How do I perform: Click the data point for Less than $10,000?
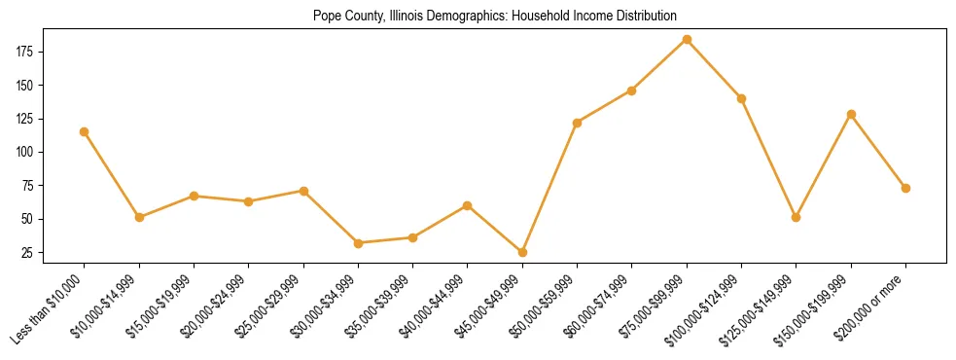point(84,131)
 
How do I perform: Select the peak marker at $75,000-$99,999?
point(687,39)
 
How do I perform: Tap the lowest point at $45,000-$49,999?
point(522,252)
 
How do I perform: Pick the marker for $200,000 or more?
point(905,188)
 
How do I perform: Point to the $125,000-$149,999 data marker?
point(797,217)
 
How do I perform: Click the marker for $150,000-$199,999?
point(851,114)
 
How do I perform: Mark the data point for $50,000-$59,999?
point(577,123)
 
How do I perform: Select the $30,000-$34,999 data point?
point(358,243)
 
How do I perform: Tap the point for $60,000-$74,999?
point(632,90)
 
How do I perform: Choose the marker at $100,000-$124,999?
point(741,98)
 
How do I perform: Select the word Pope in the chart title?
point(326,16)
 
